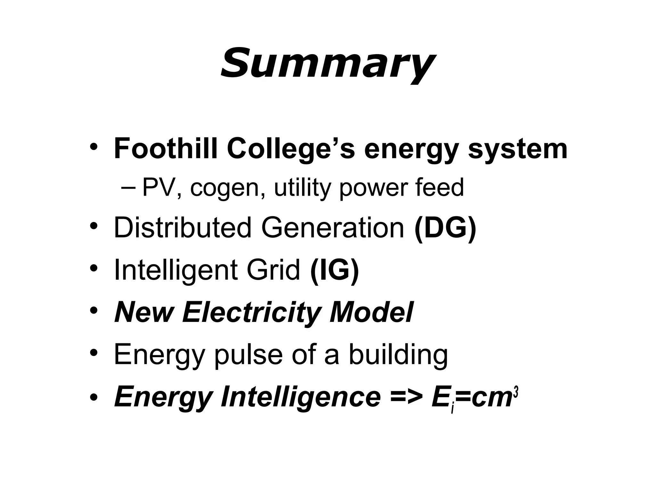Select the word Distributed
pyautogui.click(x=183, y=228)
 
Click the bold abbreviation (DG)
pyautogui.click(x=445, y=228)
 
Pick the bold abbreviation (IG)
pyautogui.click(x=335, y=270)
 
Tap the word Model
pyautogui.click(x=372, y=312)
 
